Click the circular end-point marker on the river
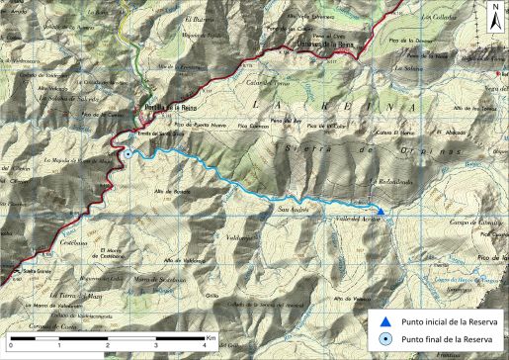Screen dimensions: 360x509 (127, 153)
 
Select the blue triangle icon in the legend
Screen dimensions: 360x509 (386, 319)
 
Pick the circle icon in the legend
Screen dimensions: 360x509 (386, 338)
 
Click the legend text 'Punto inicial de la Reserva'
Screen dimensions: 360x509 (450, 319)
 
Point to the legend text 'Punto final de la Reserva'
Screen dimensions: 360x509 (447, 338)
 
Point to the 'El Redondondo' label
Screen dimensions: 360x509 (388, 182)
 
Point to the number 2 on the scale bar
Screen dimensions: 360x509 (108, 345)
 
